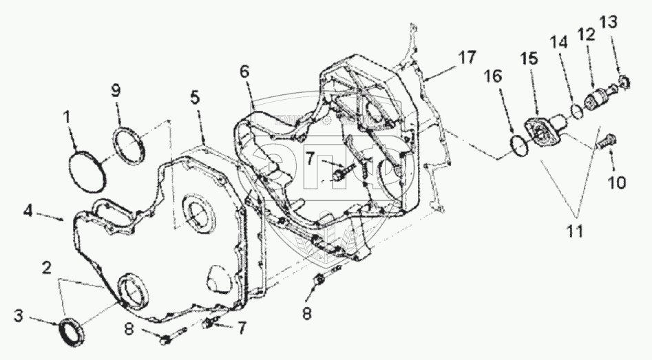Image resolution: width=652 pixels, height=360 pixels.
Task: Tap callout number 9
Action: click(116, 89)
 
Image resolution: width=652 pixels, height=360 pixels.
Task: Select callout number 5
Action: click(197, 97)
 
